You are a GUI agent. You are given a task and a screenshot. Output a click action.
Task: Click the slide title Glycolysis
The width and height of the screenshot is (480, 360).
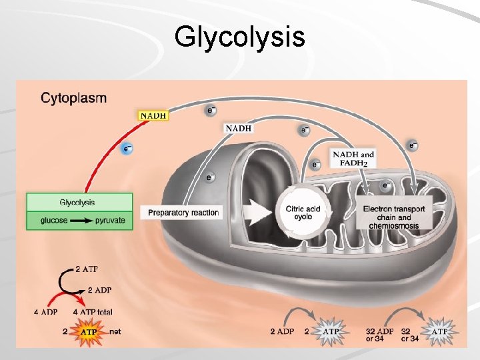tap(239, 37)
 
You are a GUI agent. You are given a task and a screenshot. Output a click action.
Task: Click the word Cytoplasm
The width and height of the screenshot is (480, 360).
tap(73, 99)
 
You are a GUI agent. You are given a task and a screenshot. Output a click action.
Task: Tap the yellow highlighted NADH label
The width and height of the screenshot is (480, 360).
tap(153, 115)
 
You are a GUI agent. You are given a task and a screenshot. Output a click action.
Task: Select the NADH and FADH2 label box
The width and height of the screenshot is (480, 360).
tap(353, 159)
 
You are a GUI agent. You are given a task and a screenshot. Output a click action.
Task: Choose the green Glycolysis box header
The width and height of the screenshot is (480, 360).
tap(79, 203)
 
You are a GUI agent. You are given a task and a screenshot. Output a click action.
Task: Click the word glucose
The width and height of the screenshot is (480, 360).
tap(54, 221)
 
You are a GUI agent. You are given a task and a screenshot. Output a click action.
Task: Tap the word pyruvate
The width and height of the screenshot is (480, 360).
tap(110, 221)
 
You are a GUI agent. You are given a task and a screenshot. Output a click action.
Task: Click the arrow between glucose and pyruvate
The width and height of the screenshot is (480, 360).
tap(81, 221)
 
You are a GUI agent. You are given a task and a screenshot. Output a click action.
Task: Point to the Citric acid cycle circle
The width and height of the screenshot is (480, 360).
tap(303, 213)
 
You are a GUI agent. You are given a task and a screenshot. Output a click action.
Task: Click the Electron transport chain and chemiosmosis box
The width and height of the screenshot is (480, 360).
tap(394, 217)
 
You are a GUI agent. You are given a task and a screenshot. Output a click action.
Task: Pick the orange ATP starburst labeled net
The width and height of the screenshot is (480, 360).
tap(87, 330)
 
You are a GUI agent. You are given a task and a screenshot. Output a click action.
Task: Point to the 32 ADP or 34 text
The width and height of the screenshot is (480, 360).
tap(379, 335)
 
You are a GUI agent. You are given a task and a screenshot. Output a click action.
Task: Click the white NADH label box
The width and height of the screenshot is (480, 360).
tap(239, 127)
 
